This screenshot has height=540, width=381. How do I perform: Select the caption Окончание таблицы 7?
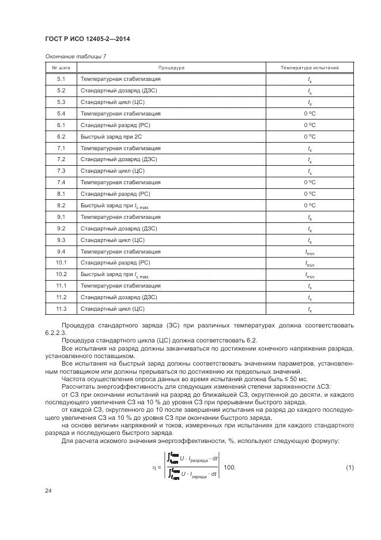(75, 57)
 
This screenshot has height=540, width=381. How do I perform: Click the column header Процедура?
(171, 68)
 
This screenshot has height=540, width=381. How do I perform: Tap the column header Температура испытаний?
(310, 68)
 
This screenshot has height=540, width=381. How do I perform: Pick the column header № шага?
(61, 68)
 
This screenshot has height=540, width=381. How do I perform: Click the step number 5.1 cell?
(61, 79)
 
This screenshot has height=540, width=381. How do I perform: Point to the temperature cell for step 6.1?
(310, 125)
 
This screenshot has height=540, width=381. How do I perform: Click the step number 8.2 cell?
(61, 205)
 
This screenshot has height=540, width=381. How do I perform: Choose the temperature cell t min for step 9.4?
(310, 251)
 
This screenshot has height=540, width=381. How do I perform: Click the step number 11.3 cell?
(62, 308)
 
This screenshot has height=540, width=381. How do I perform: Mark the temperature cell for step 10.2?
(310, 274)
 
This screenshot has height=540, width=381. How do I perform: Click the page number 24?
(48, 491)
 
